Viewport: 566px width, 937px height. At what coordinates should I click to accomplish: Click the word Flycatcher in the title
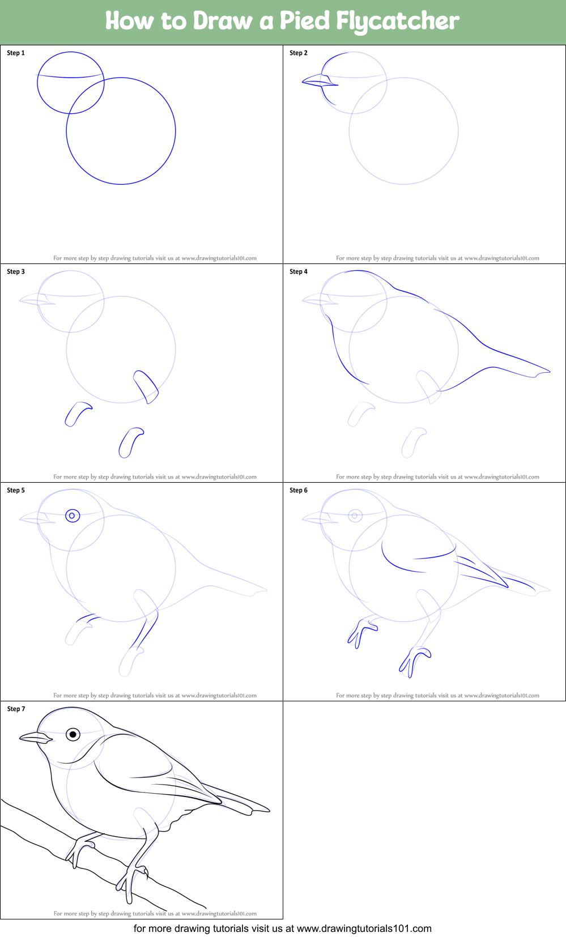click(397, 22)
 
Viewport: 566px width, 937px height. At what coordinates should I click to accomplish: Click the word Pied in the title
click(304, 21)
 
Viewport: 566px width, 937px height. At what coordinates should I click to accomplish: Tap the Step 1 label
click(16, 53)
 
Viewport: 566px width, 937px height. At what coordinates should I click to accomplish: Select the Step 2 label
click(299, 53)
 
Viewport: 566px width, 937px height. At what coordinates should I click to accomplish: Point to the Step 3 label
click(16, 272)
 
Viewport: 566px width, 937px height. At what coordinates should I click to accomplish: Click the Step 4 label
click(299, 272)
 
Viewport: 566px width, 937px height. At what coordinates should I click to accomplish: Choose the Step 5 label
click(16, 491)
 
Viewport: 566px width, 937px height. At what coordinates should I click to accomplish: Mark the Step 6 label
click(299, 491)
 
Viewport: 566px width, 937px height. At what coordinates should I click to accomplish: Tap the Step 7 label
click(16, 709)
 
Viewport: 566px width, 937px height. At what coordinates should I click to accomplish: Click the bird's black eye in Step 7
click(73, 734)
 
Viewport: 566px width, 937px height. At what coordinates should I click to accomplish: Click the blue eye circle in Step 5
click(73, 516)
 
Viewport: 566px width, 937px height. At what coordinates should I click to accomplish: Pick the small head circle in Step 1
click(71, 83)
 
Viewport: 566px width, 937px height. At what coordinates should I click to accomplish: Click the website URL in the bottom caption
click(364, 929)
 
